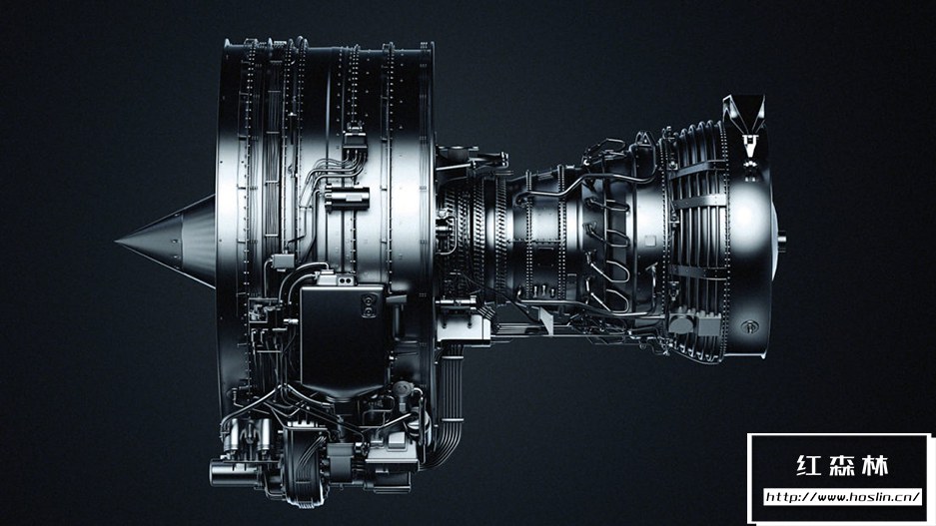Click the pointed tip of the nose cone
click(x=116, y=242)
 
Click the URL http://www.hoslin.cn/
click(x=843, y=497)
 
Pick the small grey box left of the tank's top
click(x=283, y=262)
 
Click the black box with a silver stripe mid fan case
click(x=348, y=197)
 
